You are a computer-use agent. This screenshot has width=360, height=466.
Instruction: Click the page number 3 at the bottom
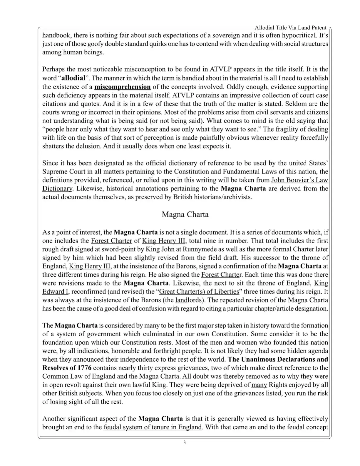click(x=184, y=442)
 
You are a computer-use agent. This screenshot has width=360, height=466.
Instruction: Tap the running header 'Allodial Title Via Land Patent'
click(x=290, y=28)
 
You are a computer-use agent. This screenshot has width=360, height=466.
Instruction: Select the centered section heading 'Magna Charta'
click(x=185, y=214)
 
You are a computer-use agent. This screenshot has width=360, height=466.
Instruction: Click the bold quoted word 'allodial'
click(x=73, y=78)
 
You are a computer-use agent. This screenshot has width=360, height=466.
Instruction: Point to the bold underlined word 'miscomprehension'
click(x=123, y=87)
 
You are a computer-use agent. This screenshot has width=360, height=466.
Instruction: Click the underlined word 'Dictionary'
click(x=57, y=188)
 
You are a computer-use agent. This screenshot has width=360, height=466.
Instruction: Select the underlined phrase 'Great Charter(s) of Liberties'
click(x=199, y=292)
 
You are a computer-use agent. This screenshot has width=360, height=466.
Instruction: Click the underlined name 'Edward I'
click(x=55, y=292)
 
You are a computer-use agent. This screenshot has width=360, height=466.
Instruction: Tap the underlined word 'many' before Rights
click(x=259, y=385)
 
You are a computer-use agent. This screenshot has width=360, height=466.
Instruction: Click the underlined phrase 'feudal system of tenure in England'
click(x=153, y=427)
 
